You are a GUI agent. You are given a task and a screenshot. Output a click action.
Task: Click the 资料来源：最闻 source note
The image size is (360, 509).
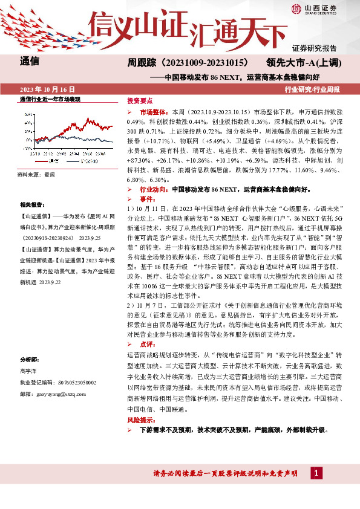[x=36, y=175]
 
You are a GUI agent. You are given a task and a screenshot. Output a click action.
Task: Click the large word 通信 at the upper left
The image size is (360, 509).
[x=30, y=60]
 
